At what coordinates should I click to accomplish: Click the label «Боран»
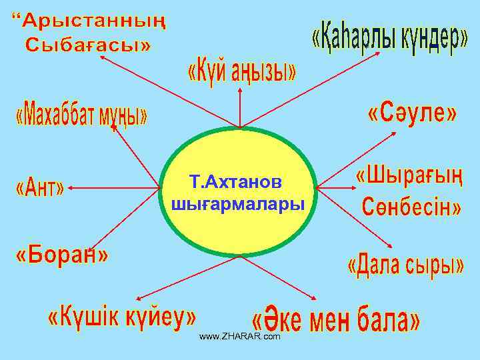click(62, 255)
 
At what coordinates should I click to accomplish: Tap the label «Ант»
click(39, 189)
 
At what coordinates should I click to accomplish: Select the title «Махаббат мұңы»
click(81, 115)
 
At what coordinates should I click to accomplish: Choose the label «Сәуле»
click(413, 114)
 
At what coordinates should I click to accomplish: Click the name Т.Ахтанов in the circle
click(236, 181)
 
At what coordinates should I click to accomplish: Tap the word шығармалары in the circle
click(237, 203)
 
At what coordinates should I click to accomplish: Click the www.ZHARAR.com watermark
click(240, 337)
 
